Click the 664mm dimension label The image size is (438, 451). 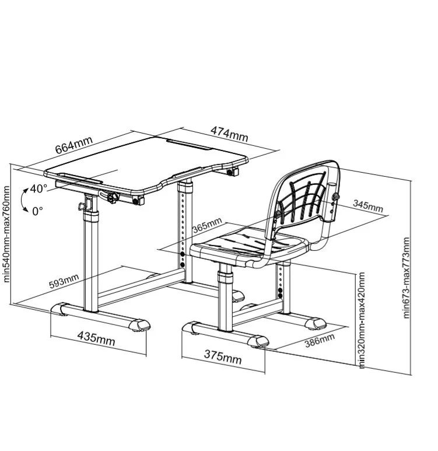[x=74, y=145]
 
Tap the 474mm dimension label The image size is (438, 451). [x=229, y=134]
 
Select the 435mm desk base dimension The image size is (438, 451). [x=96, y=338]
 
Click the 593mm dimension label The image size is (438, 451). [x=64, y=281]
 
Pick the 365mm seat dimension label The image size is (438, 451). [x=207, y=225]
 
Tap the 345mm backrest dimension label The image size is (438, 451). [x=368, y=205]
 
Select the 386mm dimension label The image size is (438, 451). [x=320, y=340]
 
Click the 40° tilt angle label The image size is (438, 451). [x=38, y=188]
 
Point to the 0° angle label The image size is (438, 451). [x=37, y=211]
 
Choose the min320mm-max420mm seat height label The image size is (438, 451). [x=361, y=320]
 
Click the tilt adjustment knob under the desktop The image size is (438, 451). [x=113, y=198]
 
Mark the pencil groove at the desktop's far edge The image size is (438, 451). [x=189, y=144]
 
